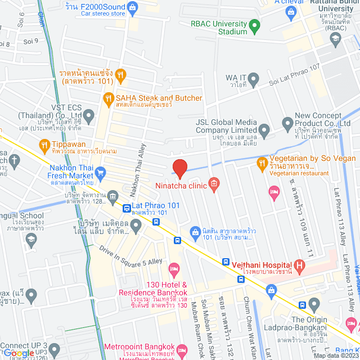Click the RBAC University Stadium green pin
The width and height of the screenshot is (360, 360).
click(254, 25)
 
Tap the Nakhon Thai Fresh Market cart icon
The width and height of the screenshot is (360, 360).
click(101, 172)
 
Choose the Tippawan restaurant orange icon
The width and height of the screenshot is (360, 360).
click(45, 146)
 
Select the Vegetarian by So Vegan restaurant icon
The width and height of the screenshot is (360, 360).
click(262, 164)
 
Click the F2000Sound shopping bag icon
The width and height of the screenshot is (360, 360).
click(133, 7)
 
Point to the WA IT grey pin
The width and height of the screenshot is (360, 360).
click(254, 78)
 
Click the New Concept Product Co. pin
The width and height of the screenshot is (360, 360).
click(287, 122)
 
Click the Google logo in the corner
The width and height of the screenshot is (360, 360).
click(19, 353)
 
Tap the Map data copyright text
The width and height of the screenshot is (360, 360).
click(335, 355)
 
